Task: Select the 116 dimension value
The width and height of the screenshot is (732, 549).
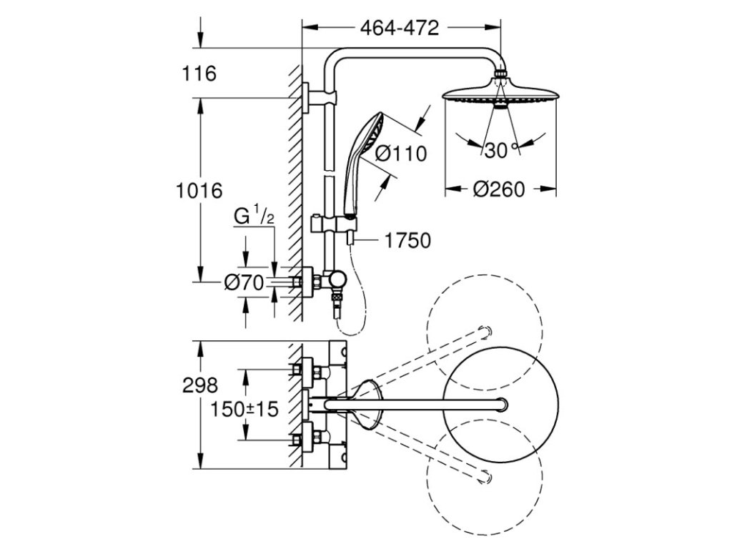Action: [x=198, y=73]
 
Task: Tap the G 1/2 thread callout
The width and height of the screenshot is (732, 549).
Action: [x=254, y=215]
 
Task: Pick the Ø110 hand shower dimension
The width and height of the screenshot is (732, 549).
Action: [x=400, y=153]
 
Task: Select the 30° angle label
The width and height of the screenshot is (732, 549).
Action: [x=498, y=150]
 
